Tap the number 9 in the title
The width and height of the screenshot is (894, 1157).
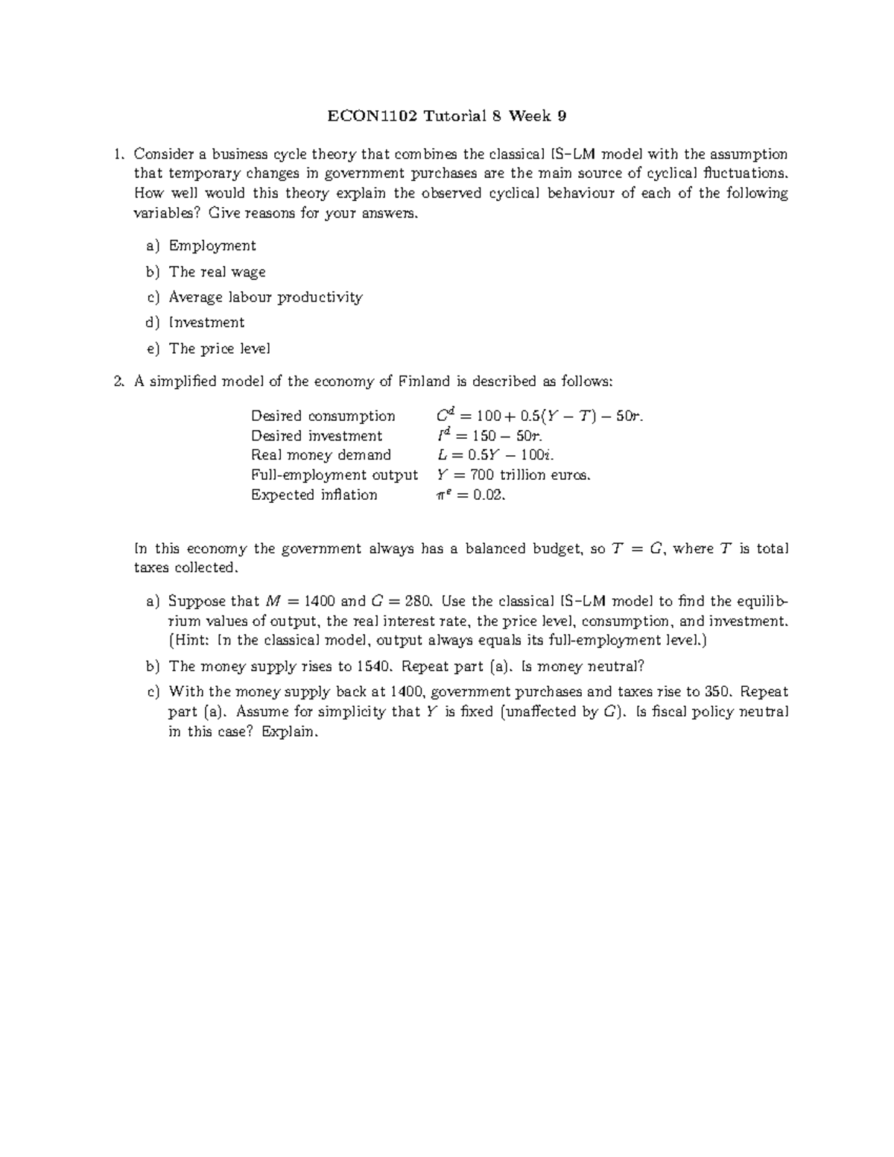[562, 115]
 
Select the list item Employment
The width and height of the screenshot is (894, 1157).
[212, 246]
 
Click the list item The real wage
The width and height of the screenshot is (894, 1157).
[218, 272]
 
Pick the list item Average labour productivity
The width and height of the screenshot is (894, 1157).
[266, 297]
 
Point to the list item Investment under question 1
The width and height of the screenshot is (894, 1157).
[207, 323]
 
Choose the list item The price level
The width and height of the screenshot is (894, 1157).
[220, 349]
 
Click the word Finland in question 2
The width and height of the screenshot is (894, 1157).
[425, 381]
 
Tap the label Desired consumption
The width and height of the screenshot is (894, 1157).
[323, 416]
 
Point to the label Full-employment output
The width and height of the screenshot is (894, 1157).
[334, 475]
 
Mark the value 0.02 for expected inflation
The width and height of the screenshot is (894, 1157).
[487, 495]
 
